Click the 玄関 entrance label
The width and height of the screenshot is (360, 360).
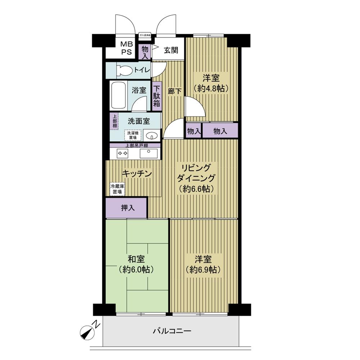tap(171, 50)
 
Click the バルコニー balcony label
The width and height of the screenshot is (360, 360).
tap(171, 331)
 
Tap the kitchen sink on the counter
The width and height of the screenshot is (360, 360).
tap(148, 153)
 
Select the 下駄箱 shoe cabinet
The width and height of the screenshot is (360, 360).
tap(157, 95)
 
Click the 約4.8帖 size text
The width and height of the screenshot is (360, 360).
tap(211, 88)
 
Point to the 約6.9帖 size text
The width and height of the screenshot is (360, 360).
tap(203, 270)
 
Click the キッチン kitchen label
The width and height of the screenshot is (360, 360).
tap(136, 174)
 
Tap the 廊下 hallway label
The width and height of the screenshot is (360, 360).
tap(175, 91)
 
